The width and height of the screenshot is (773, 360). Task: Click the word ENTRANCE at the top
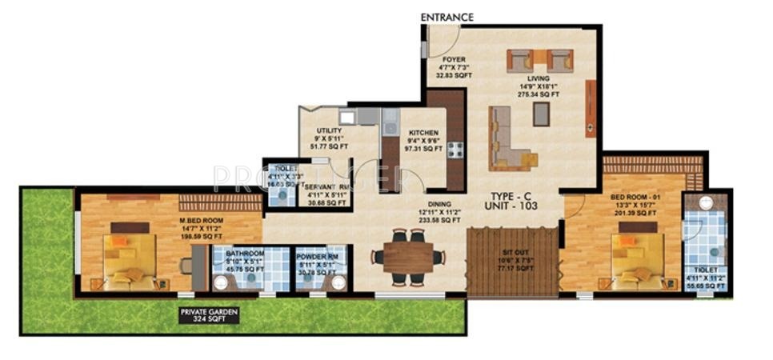[447, 17]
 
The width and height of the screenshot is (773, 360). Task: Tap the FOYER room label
[443, 59]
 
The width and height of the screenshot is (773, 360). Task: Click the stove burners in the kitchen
[455, 149]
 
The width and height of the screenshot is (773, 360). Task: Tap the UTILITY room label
[329, 130]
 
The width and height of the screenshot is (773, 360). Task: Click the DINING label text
[441, 203]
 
